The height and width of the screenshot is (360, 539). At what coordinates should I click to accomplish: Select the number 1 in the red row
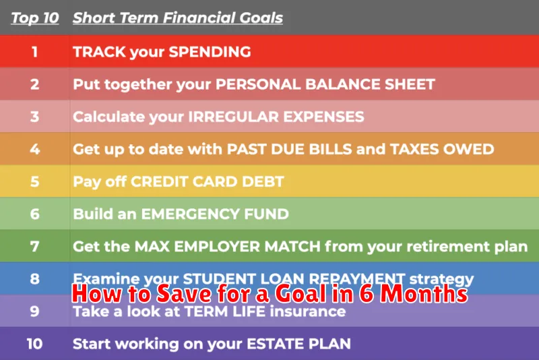[35, 51]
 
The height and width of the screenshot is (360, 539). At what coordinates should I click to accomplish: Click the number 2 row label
[35, 84]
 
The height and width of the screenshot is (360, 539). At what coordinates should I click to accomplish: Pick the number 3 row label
[35, 117]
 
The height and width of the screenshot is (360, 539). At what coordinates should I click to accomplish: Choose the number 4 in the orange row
[35, 149]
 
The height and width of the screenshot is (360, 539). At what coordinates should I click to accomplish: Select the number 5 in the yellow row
[35, 181]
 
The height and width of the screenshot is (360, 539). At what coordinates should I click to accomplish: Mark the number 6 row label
[35, 214]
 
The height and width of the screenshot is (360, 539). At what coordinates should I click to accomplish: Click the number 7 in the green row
[35, 247]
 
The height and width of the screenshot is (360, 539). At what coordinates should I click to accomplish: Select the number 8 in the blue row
[35, 279]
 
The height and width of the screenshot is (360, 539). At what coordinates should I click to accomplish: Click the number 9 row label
[35, 311]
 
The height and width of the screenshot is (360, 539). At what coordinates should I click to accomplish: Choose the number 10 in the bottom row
[35, 344]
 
